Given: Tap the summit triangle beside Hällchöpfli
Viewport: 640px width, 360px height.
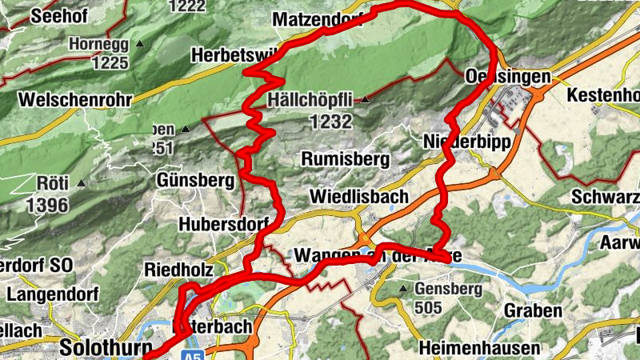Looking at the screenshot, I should tap(365, 100).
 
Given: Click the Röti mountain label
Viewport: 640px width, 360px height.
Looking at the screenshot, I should tap(52, 183).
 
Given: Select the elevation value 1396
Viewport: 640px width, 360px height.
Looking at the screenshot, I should tap(47, 205).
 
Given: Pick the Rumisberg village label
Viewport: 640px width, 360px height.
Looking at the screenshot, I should tap(345, 159).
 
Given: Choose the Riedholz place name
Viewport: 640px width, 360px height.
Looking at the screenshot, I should tap(176, 270).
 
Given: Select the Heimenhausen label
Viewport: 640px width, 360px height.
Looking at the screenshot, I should tap(479, 349).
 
